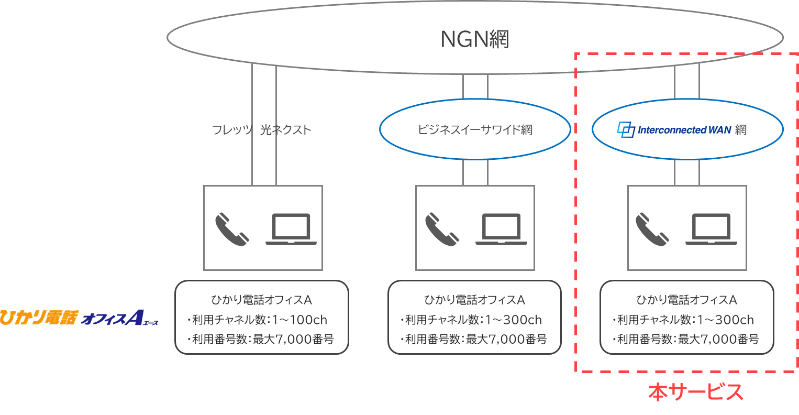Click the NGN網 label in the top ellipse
(474, 39)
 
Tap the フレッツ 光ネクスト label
(261, 130)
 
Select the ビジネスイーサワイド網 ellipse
(475, 129)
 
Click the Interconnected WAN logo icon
(626, 129)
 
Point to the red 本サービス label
(695, 392)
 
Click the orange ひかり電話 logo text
(39, 318)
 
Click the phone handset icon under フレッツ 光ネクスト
(232, 228)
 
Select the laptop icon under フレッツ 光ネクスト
(291, 229)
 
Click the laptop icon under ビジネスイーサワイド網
(501, 229)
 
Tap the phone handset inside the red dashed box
(652, 228)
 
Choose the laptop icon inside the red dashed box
(711, 229)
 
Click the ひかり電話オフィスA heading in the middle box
(474, 300)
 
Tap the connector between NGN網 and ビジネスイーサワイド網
(475, 86)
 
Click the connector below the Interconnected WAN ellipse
(687, 172)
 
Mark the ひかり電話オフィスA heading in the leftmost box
(261, 300)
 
